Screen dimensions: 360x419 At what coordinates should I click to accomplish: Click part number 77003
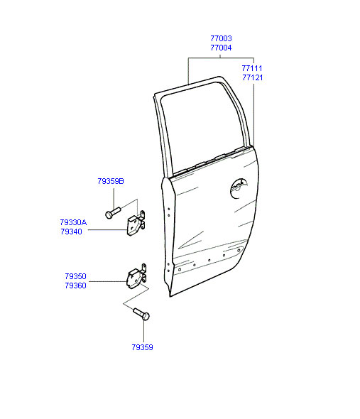click(x=221, y=38)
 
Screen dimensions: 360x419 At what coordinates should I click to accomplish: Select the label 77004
click(x=221, y=48)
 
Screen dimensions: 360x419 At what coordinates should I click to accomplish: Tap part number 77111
click(x=252, y=68)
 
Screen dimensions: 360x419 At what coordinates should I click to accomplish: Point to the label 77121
click(x=253, y=77)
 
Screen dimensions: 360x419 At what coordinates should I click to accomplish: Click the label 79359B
click(x=111, y=181)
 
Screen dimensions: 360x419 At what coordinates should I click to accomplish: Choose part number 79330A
click(x=73, y=222)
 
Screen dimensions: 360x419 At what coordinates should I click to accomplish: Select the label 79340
click(x=71, y=232)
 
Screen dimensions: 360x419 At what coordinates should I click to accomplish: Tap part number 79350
click(x=76, y=276)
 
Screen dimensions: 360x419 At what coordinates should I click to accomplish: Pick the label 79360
click(x=76, y=285)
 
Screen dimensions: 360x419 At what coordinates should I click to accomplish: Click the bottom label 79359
click(x=142, y=347)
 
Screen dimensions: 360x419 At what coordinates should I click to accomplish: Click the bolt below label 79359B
click(x=113, y=213)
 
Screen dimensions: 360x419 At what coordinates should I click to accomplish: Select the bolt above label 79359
click(x=141, y=314)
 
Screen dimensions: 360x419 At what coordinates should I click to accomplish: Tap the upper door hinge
click(x=136, y=224)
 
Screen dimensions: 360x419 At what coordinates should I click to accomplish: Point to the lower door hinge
click(x=136, y=278)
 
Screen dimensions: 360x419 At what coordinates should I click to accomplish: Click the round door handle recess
click(x=239, y=188)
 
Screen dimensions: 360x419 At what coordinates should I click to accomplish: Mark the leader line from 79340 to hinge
click(x=107, y=229)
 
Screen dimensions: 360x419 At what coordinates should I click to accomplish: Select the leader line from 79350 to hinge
click(x=108, y=281)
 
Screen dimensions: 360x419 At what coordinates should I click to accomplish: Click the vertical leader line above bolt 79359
click(x=143, y=331)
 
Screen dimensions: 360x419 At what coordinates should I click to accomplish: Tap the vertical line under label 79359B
click(x=114, y=199)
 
